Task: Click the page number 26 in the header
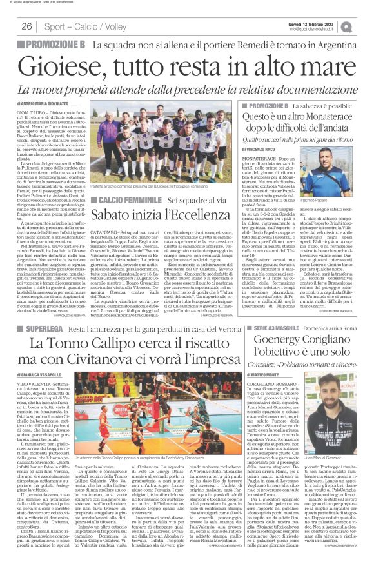[x=27, y=26]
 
